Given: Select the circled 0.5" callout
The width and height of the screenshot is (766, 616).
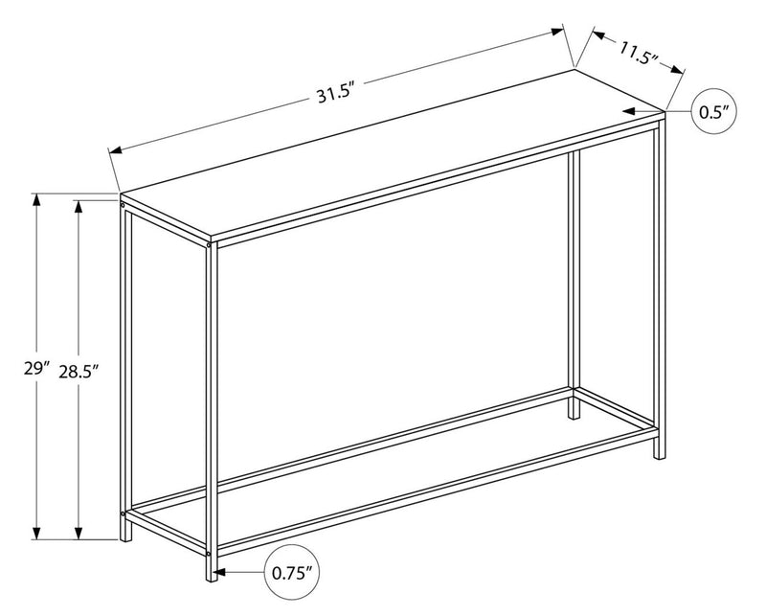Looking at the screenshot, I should pyautogui.click(x=712, y=112).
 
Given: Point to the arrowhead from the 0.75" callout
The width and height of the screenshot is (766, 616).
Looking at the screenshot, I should pyautogui.click(x=219, y=574).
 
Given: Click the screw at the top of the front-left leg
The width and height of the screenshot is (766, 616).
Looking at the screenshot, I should pyautogui.click(x=123, y=204).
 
